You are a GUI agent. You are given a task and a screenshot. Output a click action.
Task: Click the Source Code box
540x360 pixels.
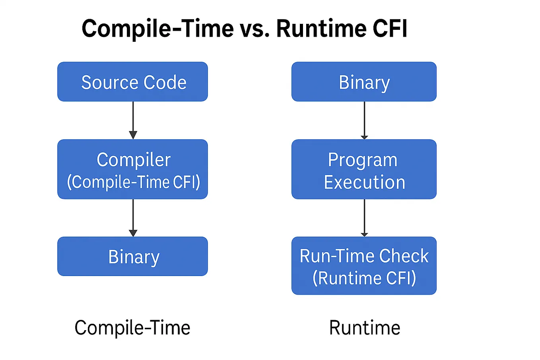tap(132, 82)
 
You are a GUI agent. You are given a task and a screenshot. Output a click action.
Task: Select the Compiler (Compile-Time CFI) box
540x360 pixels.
tap(132, 169)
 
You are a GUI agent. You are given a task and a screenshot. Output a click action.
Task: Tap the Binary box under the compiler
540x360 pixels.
tap(132, 257)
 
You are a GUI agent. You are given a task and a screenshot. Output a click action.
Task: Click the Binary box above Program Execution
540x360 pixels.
tap(364, 82)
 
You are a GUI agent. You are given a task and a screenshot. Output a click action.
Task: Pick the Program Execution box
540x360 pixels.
tap(364, 169)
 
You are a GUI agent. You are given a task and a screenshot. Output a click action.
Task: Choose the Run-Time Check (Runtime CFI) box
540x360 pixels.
tap(364, 266)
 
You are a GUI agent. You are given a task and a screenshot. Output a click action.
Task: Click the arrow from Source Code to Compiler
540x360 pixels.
tap(133, 119)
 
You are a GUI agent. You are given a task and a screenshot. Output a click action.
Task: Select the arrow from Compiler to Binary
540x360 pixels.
tap(133, 217)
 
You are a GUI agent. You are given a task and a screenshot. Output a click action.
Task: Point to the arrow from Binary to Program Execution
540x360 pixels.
tap(364, 119)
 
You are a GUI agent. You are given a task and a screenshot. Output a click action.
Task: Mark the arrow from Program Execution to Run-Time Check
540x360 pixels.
tap(364, 217)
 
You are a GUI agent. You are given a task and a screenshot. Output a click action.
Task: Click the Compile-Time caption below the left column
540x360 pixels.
tap(132, 328)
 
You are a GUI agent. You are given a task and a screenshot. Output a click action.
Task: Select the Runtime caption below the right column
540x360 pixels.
tap(365, 328)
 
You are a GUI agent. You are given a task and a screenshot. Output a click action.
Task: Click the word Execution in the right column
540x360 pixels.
tap(364, 182)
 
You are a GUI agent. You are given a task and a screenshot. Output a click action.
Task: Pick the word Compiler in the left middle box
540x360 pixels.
tap(134, 160)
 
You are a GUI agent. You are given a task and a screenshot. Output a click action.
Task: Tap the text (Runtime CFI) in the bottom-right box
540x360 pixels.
tap(364, 278)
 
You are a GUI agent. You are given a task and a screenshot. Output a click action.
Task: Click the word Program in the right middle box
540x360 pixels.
tap(363, 160)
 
